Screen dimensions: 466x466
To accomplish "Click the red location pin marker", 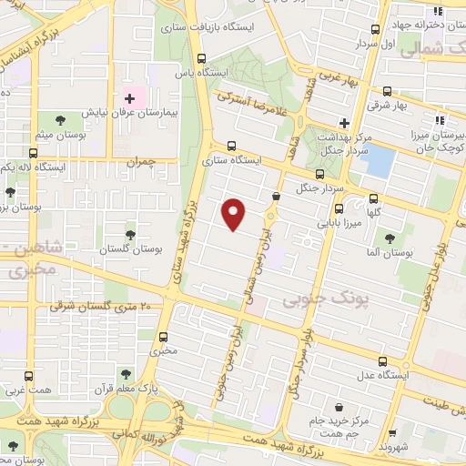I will [235, 214].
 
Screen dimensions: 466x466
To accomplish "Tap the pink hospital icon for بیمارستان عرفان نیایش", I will [129, 97].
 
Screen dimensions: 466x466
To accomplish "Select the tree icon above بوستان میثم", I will [60, 120].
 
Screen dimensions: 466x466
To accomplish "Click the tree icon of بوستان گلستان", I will [130, 234].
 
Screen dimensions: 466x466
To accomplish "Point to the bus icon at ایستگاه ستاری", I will [230, 145].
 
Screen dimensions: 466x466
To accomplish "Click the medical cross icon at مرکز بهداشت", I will [343, 123].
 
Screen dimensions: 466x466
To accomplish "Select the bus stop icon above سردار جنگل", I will [319, 175].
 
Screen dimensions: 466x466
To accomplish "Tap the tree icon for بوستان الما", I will [390, 238].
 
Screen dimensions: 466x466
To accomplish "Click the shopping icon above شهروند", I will [393, 434].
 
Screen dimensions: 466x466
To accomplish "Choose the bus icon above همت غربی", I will [28, 376].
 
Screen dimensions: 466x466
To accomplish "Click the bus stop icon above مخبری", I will [164, 335].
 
